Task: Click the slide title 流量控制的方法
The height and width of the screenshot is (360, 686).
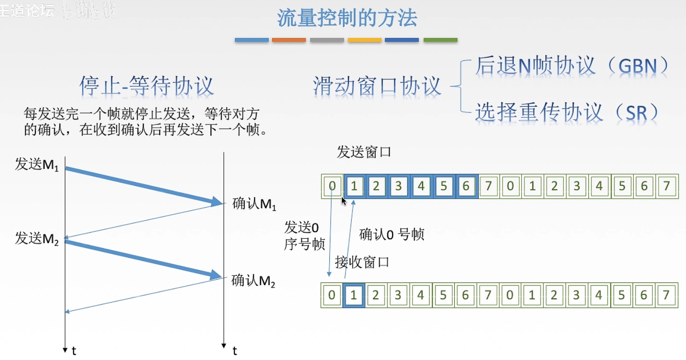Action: click(347, 19)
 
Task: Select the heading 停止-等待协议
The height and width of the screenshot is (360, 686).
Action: click(146, 86)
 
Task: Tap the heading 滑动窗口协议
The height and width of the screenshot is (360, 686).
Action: click(377, 86)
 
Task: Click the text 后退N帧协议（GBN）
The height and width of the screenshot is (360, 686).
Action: click(572, 66)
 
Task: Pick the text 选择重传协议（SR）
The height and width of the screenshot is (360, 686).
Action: click(567, 112)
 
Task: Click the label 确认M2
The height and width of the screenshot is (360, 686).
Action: click(253, 281)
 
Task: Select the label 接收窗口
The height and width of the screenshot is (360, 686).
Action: click(362, 262)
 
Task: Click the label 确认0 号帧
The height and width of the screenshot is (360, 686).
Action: click(392, 235)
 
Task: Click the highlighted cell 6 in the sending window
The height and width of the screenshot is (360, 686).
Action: click(466, 186)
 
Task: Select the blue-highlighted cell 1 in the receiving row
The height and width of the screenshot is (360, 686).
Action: click(354, 295)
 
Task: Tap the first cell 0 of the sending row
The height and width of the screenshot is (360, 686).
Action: click(332, 186)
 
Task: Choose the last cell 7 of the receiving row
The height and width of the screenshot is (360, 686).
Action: click(666, 295)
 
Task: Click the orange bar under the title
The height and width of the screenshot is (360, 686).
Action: click(289, 40)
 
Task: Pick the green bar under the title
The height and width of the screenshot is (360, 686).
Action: click(440, 40)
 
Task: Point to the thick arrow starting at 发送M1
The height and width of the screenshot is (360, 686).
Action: click(144, 185)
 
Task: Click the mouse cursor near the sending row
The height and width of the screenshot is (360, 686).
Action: click(344, 201)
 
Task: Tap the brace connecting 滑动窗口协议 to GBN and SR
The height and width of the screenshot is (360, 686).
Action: click(457, 86)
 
